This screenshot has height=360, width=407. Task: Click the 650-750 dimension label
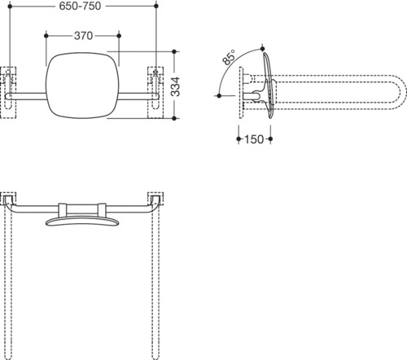click(80, 6)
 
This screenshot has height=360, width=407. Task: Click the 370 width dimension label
click(83, 36)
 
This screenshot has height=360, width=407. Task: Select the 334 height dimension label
click(176, 86)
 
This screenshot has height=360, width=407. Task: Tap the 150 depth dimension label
click(254, 139)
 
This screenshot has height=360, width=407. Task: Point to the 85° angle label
click(229, 57)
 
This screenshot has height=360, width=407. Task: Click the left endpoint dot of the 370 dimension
click(46, 36)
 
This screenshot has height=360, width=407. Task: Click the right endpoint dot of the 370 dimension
click(119, 36)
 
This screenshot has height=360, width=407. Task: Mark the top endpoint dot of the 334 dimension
click(174, 51)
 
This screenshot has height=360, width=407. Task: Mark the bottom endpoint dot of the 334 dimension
click(174, 118)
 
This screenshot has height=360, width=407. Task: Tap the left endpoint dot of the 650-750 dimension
click(10, 6)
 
